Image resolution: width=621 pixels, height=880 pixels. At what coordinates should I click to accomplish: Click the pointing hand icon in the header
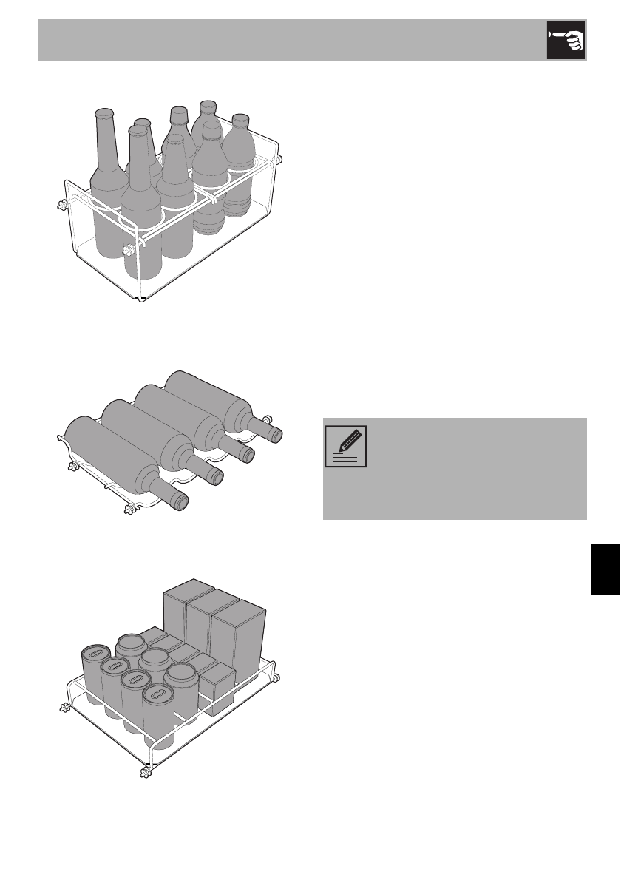[566, 41]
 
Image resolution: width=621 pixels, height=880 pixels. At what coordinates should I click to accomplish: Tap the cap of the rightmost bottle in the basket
[240, 119]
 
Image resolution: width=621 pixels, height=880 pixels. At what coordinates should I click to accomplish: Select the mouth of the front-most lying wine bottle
[180, 503]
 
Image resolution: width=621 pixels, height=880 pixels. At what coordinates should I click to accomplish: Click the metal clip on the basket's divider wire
[213, 200]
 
